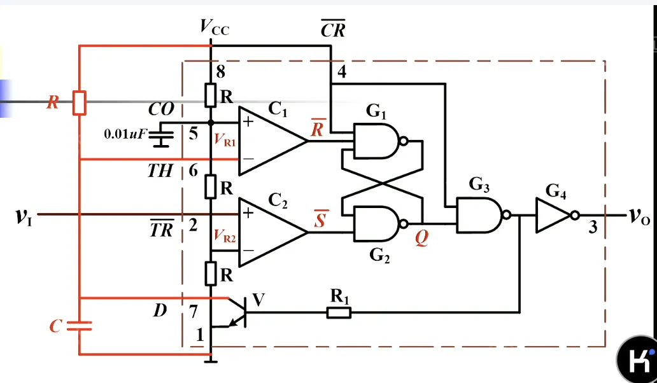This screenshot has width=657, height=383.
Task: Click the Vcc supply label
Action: click(214, 26)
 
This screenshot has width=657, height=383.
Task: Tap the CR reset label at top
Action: click(333, 29)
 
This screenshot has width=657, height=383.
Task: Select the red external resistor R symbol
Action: click(79, 102)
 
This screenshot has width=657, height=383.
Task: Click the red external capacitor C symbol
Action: click(80, 326)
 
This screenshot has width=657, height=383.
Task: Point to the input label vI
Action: click(24, 216)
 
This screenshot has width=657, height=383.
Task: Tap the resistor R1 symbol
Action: click(338, 312)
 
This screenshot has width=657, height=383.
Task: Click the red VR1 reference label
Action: click(225, 142)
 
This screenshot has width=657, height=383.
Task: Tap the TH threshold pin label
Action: click(160, 171)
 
